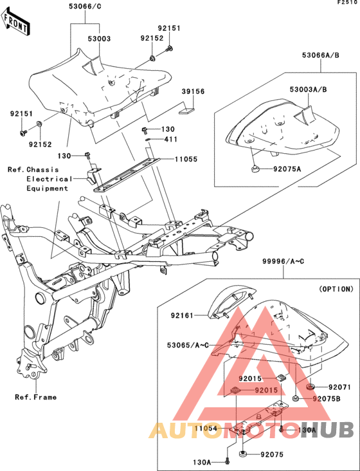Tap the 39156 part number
(x=192, y=92)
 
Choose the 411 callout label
(x=170, y=139)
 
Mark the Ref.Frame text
(x=35, y=397)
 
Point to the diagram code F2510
(x=347, y=3)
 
